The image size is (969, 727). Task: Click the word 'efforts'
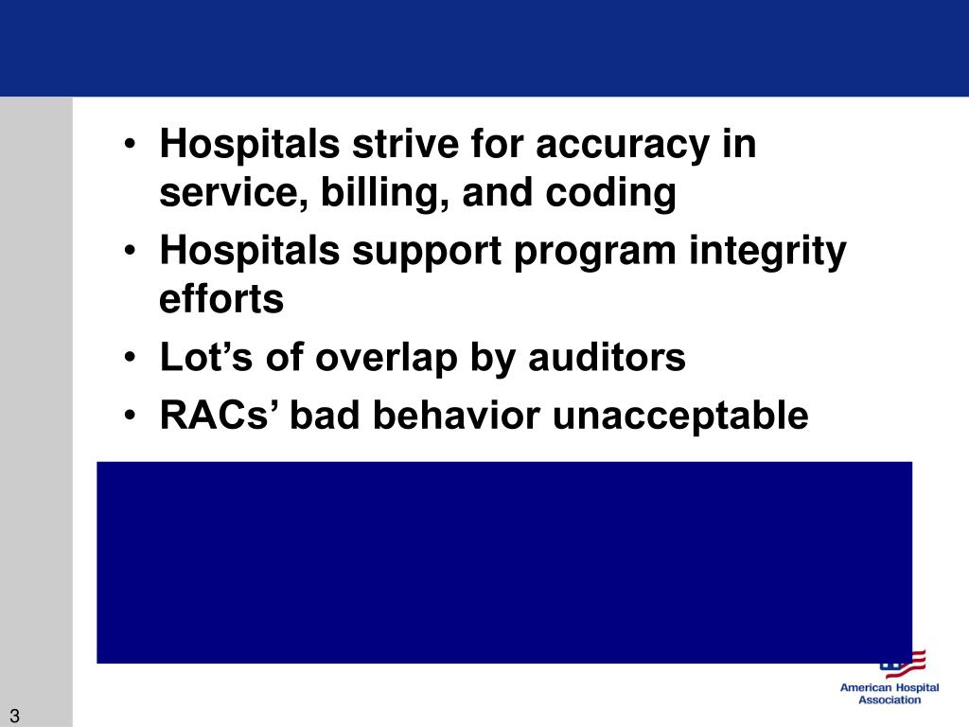click(x=221, y=300)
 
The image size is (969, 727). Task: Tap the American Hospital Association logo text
click(x=889, y=694)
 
